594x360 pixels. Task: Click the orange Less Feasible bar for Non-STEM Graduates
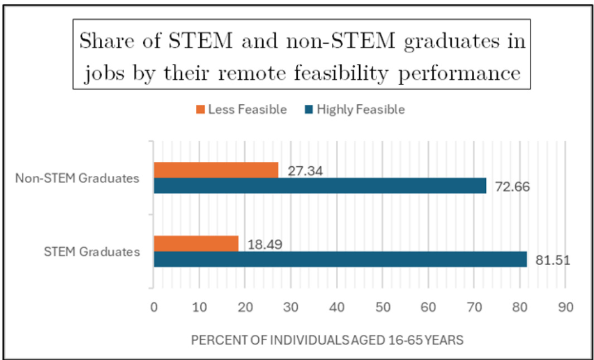point(216,170)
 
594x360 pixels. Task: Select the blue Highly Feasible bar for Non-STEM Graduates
point(320,186)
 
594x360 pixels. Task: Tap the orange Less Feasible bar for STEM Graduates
point(196,244)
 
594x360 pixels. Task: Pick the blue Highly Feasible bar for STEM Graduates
point(340,260)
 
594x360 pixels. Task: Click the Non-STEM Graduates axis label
point(77,179)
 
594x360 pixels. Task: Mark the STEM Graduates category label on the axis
point(92,252)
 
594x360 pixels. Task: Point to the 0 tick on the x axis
point(154,307)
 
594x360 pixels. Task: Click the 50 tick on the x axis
point(383,307)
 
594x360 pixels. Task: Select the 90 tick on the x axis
point(566,307)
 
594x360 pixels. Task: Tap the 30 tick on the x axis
point(291,307)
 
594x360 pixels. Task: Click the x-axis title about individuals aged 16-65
point(327,340)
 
